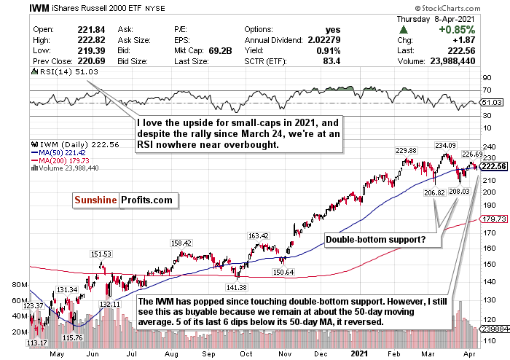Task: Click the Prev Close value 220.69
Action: [x=85, y=62]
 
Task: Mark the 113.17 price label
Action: [x=38, y=343]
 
